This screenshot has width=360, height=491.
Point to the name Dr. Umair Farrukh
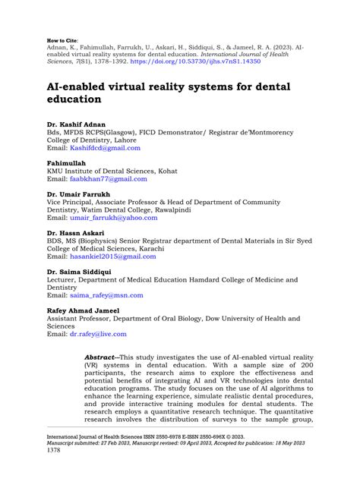[81, 194]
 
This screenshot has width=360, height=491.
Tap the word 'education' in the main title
[74, 98]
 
